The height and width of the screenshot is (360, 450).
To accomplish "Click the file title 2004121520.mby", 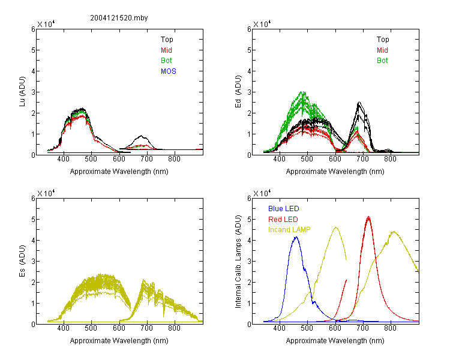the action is [x=119, y=18].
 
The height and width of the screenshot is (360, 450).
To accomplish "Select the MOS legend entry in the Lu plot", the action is [x=169, y=71].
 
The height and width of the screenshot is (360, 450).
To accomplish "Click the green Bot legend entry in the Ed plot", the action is [x=382, y=61].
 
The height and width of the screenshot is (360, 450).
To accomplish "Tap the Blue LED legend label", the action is [x=284, y=209].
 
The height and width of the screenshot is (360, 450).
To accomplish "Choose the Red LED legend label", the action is [x=283, y=220].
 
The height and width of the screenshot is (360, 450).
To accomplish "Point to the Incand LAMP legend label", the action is [x=289, y=230].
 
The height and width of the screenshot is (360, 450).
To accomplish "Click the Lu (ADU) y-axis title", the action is [x=22, y=91].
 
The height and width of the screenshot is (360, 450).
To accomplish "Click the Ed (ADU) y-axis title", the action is [x=238, y=91].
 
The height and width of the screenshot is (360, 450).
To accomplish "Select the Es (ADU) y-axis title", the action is [x=22, y=260].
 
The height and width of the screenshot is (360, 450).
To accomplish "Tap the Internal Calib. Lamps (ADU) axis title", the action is [x=238, y=262].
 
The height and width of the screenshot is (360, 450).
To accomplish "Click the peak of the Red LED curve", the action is [x=368, y=217].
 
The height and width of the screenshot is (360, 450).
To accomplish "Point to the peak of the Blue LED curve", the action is [x=296, y=237].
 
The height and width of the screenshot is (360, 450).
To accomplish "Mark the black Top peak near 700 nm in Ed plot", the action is [x=359, y=102].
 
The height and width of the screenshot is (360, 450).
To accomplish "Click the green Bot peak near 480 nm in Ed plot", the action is [x=302, y=92].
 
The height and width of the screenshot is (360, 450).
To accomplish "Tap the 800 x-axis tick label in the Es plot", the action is [x=174, y=328].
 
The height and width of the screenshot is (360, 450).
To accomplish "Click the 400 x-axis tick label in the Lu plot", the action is [x=64, y=159].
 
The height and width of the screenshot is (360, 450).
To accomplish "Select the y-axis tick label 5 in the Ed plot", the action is [x=249, y=50].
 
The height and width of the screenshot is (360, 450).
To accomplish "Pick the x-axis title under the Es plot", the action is [x=119, y=341].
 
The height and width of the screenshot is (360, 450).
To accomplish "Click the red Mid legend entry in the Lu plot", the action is [x=166, y=50].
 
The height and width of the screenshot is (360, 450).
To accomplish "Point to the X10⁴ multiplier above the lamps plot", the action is [x=262, y=193].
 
